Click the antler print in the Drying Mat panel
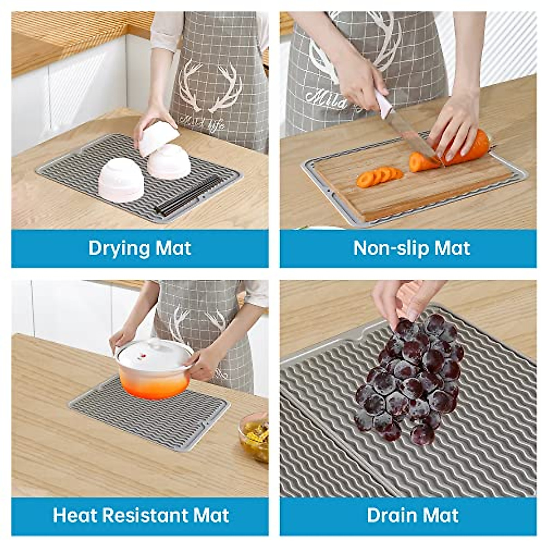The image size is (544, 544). click(x=211, y=86)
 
